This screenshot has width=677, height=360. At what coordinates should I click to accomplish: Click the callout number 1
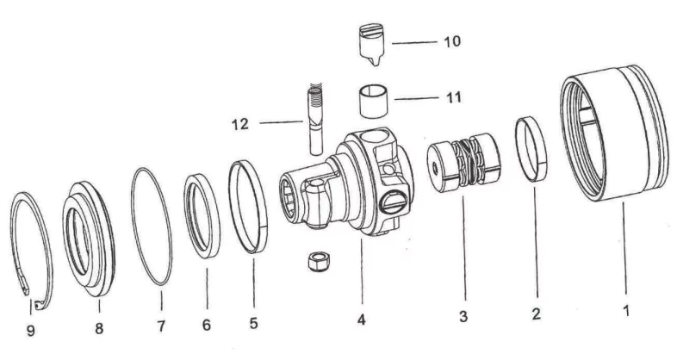pos(626,307)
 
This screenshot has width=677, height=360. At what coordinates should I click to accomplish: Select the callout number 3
pos(463,316)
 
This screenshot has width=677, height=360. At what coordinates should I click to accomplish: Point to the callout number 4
pos(362,320)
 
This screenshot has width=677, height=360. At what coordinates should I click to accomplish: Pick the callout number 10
pos(450,41)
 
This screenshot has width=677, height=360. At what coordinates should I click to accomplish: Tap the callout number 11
pos(451,97)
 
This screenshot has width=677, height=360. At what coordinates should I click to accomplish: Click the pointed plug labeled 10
pos(372,47)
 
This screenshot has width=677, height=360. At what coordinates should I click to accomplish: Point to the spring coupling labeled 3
pos(462,168)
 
